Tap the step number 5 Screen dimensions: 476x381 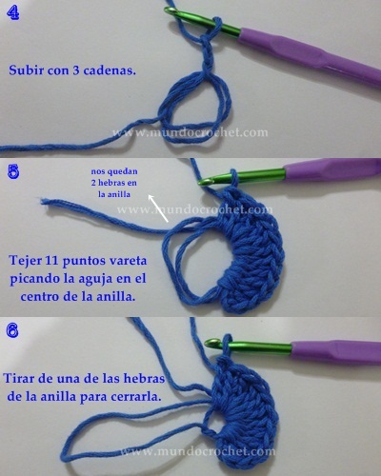12,172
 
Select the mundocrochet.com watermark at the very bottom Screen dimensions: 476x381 195,451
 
